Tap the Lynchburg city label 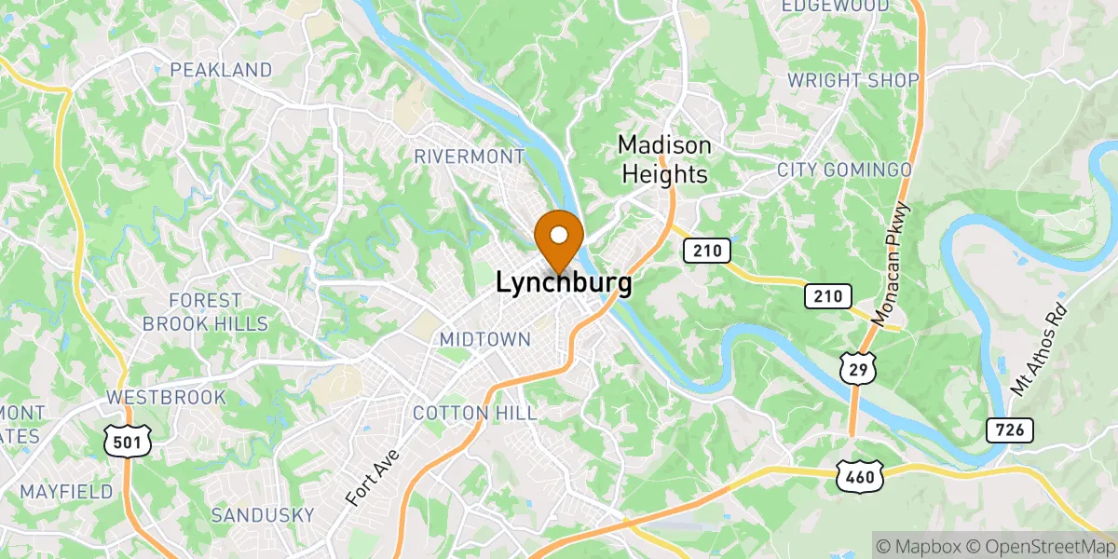(564, 283)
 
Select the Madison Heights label (665, 159)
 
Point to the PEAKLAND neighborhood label (221, 70)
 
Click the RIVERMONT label (470, 156)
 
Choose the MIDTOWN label (484, 340)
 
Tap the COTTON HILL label (474, 413)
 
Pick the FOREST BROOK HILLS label (218, 312)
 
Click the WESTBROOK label (166, 397)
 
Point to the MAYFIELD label (66, 491)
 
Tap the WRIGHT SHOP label (852, 80)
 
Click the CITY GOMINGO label (844, 170)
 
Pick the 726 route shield (1009, 429)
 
